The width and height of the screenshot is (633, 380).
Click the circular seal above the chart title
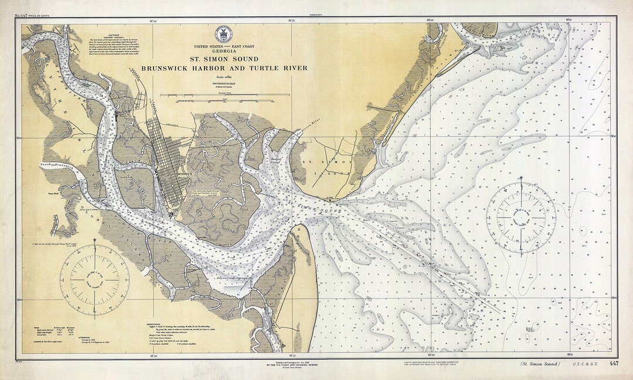(x=223, y=33)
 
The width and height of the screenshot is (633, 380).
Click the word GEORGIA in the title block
(x=223, y=51)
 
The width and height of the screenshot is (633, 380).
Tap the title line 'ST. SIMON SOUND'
(x=223, y=59)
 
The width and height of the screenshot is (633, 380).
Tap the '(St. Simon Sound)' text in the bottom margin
(x=539, y=364)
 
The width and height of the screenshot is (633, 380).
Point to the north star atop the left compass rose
(x=94, y=242)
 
